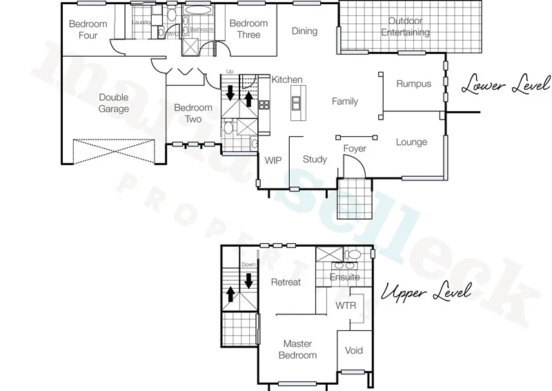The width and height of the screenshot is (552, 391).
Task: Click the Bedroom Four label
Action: click(x=88, y=30)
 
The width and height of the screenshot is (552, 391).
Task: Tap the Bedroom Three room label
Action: click(x=248, y=29)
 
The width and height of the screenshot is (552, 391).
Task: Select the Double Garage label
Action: click(x=114, y=103)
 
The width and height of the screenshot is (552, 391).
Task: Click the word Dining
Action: click(x=304, y=31)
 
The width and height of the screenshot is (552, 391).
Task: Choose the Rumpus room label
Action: click(x=413, y=84)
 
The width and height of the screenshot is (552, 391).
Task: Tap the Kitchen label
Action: click(x=287, y=80)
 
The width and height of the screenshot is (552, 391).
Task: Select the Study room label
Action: click(x=315, y=160)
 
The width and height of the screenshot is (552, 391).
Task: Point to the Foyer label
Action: click(x=355, y=149)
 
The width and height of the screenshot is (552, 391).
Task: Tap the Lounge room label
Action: click(x=411, y=142)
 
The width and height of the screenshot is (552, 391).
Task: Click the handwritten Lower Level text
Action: click(x=506, y=86)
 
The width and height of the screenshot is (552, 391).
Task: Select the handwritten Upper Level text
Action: click(x=426, y=292)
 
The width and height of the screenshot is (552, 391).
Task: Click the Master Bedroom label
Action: click(x=298, y=349)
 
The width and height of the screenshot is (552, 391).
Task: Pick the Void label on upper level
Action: click(x=353, y=350)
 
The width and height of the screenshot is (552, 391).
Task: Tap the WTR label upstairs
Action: click(x=345, y=305)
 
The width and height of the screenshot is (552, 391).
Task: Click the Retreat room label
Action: click(x=286, y=282)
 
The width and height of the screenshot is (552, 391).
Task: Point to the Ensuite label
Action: click(x=344, y=277)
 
